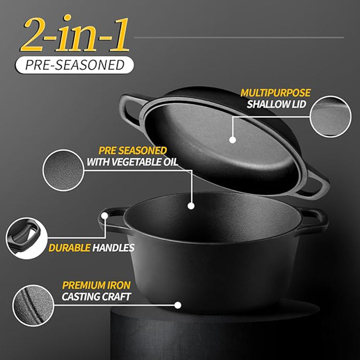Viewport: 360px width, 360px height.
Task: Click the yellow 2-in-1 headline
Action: click(75, 34)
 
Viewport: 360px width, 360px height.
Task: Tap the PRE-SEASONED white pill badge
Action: click(74, 65)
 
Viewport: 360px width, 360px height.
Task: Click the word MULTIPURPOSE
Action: click(275, 93)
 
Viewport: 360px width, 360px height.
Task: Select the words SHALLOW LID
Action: click(276, 104)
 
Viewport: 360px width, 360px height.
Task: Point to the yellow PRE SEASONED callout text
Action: click(133, 151)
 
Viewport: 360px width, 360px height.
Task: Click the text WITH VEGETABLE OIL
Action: click(132, 162)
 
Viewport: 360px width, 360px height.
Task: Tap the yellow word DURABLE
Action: click(70, 248)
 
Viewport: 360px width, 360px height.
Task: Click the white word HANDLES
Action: click(113, 248)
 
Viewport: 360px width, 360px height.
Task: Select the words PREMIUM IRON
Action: click(96, 285)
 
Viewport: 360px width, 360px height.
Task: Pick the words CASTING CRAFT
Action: click(96, 297)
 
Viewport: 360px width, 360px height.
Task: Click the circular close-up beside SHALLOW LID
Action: click(330, 117)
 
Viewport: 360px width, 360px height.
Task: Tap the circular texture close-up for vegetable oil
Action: click(63, 170)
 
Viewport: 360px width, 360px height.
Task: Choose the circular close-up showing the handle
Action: click(27, 238)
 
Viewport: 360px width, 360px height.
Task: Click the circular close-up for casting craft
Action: click(33, 306)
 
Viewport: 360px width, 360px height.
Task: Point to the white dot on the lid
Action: click(233, 140)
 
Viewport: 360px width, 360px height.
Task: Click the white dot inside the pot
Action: click(191, 206)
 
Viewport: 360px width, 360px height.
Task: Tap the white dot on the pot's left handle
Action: click(105, 216)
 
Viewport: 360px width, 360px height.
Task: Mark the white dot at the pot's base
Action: click(178, 305)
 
